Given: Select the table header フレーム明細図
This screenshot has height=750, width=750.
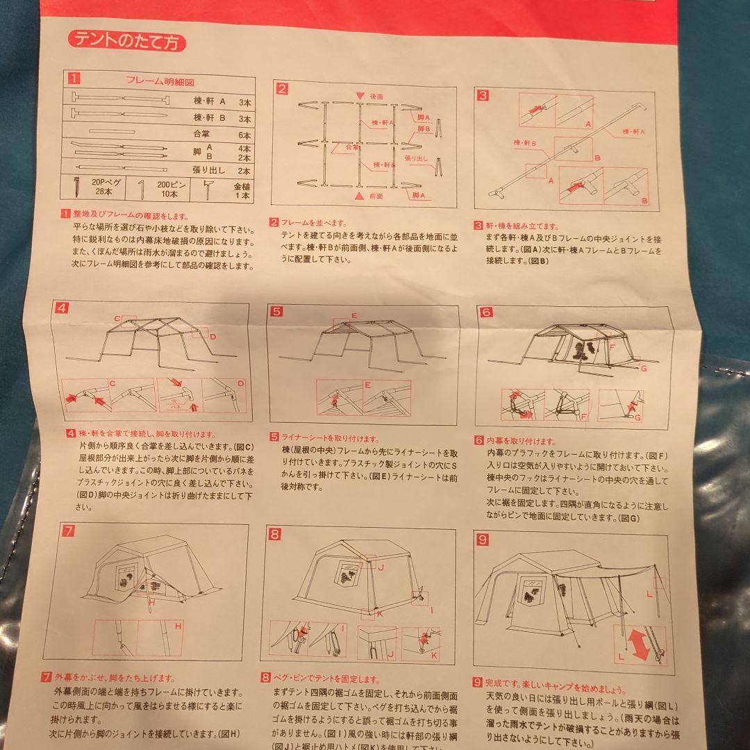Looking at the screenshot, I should point(153,81).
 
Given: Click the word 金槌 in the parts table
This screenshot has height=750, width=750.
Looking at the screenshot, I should point(242,187).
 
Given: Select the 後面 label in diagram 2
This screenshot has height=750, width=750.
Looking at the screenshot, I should point(377,96).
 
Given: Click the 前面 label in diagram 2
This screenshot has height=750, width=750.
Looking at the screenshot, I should point(375,197).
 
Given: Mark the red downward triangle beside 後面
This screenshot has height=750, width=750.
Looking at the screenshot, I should point(360,96).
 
